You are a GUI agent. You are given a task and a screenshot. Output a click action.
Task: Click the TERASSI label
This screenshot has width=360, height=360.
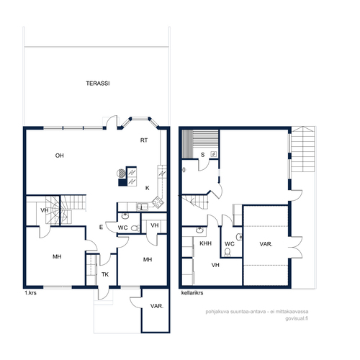[98, 84]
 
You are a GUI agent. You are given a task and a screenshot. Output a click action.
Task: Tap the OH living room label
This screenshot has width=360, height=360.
[60, 156]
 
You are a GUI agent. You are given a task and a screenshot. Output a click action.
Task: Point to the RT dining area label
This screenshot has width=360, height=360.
[144, 140]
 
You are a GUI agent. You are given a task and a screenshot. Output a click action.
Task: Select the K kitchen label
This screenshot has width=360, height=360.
[148, 188]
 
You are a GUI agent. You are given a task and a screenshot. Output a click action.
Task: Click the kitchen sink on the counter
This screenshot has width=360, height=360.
[143, 207]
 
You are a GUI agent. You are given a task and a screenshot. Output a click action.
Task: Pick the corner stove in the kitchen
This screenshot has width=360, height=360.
[158, 202]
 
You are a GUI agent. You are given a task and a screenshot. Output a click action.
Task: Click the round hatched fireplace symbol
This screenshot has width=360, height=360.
[121, 173]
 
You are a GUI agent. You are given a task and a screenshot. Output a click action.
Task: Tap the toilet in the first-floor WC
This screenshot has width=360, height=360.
[135, 228]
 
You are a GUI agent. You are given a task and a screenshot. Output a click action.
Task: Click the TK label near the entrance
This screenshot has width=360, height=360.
[105, 274]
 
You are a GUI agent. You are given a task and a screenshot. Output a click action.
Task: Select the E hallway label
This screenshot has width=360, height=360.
[101, 227]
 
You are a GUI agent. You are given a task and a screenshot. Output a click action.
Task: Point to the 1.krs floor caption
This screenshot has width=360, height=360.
[30, 293]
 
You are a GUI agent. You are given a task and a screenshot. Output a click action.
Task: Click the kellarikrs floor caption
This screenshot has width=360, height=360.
[192, 293]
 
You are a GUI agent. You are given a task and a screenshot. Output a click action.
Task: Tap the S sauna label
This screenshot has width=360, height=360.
[202, 155]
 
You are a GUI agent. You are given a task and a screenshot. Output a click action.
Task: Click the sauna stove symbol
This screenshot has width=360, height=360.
[214, 154]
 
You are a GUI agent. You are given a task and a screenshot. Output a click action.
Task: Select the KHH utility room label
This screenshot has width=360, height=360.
[206, 243]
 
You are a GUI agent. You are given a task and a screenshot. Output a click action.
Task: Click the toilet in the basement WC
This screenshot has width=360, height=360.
[228, 252]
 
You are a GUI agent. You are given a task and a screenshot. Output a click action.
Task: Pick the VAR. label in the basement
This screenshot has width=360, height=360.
[266, 244]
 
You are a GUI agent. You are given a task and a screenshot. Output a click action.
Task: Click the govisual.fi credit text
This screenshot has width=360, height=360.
[297, 319]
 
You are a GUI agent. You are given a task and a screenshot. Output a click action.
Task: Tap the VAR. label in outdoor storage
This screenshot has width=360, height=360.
[157, 306]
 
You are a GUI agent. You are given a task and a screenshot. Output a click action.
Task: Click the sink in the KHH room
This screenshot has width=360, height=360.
[199, 230]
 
